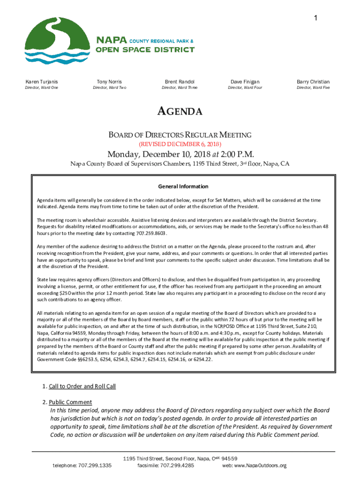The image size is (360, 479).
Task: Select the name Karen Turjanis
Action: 42,81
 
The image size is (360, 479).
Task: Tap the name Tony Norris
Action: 109,81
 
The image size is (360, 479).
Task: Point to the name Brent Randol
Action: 180,81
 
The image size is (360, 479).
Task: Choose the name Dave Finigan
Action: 245,81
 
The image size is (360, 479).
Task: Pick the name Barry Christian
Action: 313,81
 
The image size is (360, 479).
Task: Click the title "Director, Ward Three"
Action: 180,87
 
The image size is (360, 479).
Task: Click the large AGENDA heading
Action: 180,111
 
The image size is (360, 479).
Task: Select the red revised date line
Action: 180,144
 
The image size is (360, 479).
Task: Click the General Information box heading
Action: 183,186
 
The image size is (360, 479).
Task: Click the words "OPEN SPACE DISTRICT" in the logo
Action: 145,50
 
